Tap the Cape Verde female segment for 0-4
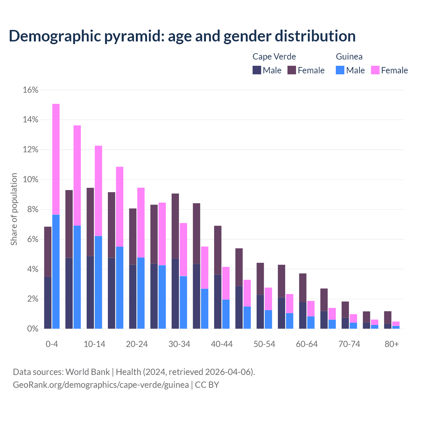click(x=48, y=252)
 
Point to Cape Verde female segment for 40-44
click(x=218, y=250)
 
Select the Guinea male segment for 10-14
click(x=98, y=283)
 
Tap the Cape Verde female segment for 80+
click(x=388, y=317)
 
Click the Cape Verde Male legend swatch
click(x=257, y=70)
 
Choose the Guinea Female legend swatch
click(x=375, y=70)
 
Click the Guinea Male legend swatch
click(x=340, y=70)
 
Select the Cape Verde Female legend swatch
click(x=292, y=70)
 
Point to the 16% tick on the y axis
click(x=31, y=90)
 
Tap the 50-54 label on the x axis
click(x=264, y=344)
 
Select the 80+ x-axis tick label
click(x=392, y=344)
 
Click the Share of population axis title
click(x=14, y=209)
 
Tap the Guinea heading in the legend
click(x=349, y=57)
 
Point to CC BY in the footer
click(x=207, y=385)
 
